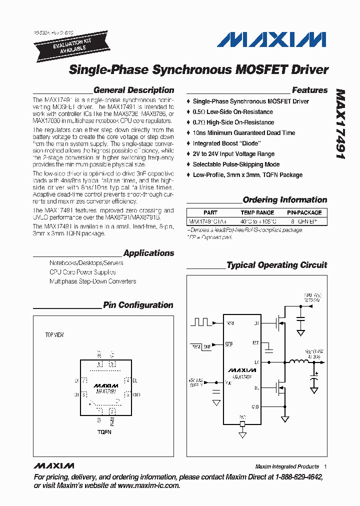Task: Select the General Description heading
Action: [x=133, y=90]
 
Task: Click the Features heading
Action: [x=309, y=90]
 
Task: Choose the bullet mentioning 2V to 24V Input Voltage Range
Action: [x=233, y=154]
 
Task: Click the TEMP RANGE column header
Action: [x=257, y=212]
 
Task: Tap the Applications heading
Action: [x=148, y=253]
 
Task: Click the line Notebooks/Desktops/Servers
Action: [x=86, y=263]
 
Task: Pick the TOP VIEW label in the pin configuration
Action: [x=54, y=335]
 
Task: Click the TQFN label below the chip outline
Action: [x=104, y=431]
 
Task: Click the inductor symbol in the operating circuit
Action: [x=299, y=362]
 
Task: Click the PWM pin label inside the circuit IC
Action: [x=229, y=323]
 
